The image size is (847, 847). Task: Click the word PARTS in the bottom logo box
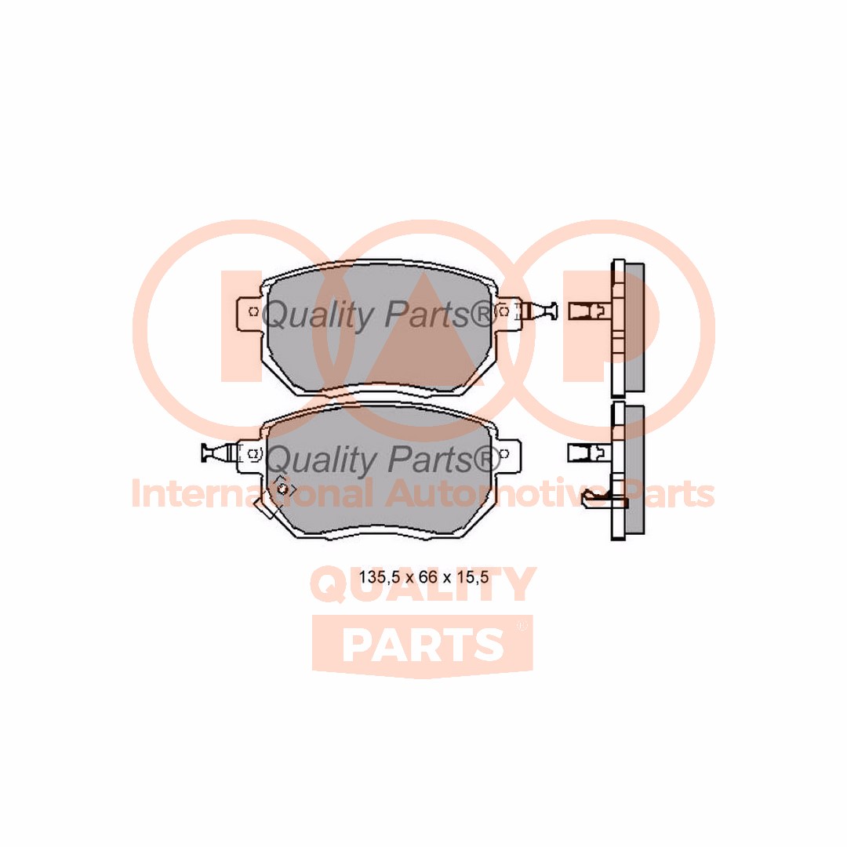(423, 645)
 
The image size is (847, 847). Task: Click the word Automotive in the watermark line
(483, 494)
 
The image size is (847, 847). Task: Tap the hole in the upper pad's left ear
(253, 311)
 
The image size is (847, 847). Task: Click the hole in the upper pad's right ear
(503, 311)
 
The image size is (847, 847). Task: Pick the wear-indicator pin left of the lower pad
(216, 453)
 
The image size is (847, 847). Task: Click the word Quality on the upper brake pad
(317, 315)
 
